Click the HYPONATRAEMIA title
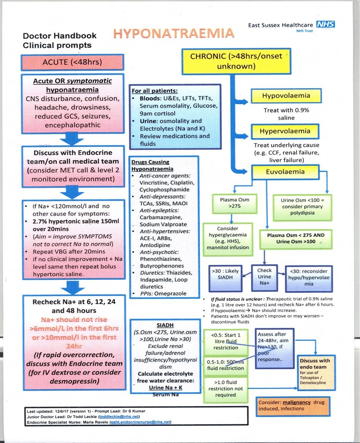(174, 34)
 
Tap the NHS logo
(325, 24)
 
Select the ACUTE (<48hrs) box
(72, 62)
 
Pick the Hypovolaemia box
(286, 96)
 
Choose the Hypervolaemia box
(286, 131)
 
